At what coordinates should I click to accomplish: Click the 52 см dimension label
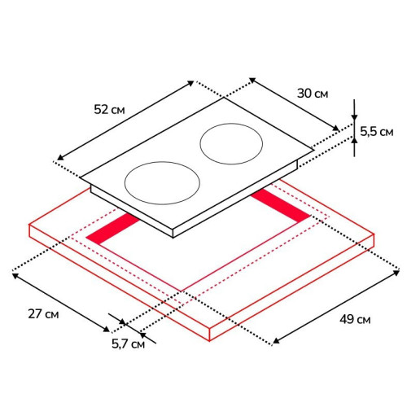109,110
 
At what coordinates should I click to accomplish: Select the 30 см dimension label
313,94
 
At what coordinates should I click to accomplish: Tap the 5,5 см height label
377,132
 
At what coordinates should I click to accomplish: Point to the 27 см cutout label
43,314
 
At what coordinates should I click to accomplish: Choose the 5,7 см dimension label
129,344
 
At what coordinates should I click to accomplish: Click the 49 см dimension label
355,319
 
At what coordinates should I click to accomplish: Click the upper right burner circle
231,144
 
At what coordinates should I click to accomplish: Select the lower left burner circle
162,183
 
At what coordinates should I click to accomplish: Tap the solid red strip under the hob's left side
113,228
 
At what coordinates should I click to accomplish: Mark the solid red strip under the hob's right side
280,205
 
